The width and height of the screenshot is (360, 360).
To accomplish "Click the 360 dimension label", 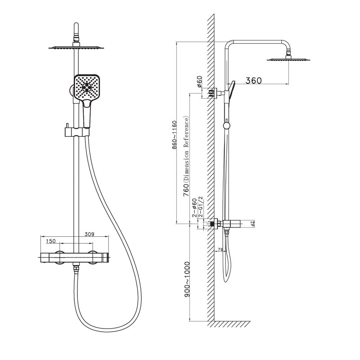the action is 253,81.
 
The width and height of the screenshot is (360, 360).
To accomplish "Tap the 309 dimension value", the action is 89,234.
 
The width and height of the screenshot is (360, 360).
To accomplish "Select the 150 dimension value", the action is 51,241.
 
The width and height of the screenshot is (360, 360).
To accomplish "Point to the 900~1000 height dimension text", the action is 187,279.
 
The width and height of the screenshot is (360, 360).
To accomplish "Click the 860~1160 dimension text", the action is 175,135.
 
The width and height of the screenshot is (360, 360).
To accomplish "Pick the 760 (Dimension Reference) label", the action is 186,157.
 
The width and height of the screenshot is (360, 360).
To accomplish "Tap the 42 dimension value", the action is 253,224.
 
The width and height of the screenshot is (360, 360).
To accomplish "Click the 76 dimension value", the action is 220,250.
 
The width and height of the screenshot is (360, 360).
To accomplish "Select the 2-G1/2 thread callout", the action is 201,207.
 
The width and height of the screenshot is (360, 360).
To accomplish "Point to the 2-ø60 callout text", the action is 194,207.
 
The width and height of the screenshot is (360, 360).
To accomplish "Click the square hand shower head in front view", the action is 87,87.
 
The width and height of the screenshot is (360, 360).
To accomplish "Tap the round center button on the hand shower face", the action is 87,88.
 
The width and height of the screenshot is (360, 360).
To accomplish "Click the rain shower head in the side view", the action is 288,59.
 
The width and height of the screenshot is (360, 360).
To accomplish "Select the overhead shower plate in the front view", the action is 76,47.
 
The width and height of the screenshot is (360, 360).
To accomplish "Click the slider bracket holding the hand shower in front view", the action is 76,132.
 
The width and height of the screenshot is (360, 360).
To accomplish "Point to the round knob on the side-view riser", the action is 226,125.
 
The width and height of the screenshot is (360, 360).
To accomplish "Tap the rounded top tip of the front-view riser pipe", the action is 76,24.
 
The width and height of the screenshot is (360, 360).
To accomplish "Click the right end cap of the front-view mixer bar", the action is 105,257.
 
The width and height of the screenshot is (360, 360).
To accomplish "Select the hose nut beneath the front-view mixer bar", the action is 76,267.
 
